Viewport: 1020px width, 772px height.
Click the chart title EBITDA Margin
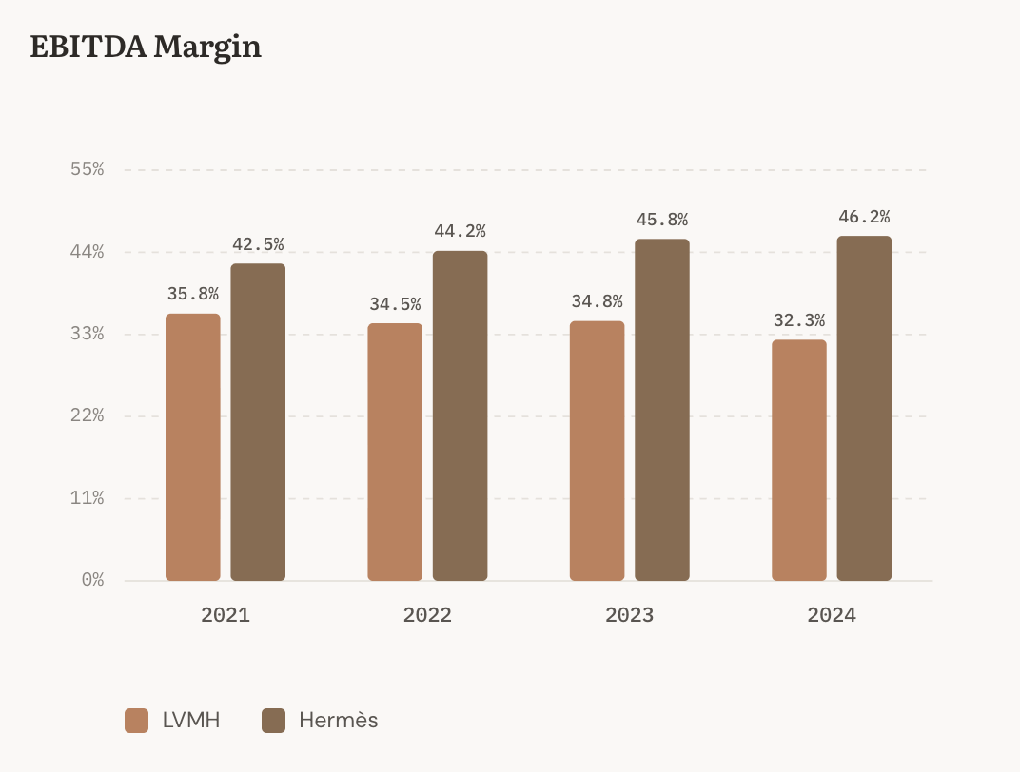pyautogui.click(x=146, y=47)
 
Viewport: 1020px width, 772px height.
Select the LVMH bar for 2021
pyautogui.click(x=192, y=447)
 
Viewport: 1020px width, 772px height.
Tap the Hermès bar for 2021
pyautogui.click(x=258, y=422)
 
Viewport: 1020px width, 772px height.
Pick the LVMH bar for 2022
pyautogui.click(x=395, y=452)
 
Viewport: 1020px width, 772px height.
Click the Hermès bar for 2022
pyautogui.click(x=460, y=415)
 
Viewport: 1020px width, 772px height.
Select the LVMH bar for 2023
pyautogui.click(x=597, y=451)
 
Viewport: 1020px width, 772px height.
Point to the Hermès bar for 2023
pyautogui.click(x=662, y=410)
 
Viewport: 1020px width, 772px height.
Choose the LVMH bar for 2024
pyautogui.click(x=799, y=460)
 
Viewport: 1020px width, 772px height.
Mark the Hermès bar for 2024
pyautogui.click(x=864, y=408)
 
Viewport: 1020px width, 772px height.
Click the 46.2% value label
pyautogui.click(x=864, y=217)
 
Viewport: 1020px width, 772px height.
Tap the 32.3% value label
pyautogui.click(x=799, y=321)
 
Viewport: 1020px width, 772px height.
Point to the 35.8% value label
pyautogui.click(x=192, y=295)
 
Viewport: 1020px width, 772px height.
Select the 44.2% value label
pyautogui.click(x=460, y=231)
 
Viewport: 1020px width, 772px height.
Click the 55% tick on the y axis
pyautogui.click(x=88, y=169)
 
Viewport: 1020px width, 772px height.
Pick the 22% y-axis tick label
pyautogui.click(x=88, y=415)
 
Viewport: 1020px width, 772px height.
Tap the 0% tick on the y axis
pyautogui.click(x=92, y=579)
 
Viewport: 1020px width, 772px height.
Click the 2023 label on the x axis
pyautogui.click(x=629, y=615)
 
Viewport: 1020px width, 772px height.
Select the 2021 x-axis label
pyautogui.click(x=226, y=615)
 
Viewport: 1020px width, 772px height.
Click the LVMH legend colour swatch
pyautogui.click(x=137, y=721)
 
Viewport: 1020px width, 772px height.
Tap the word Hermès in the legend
pyautogui.click(x=338, y=721)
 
